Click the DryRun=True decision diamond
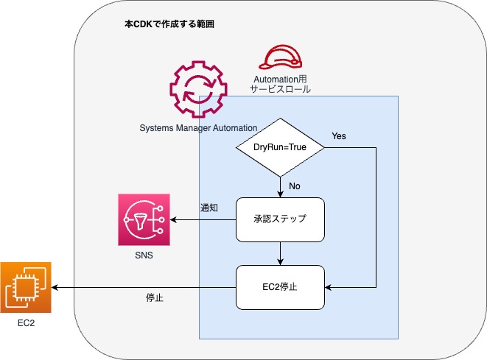[x=281, y=147]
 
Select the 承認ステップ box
[x=281, y=219]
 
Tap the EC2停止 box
[x=281, y=287]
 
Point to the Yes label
[x=339, y=136]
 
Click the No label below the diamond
[x=295, y=186]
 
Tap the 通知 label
[x=209, y=208]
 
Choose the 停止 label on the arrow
[x=154, y=298]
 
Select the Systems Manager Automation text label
[x=198, y=128]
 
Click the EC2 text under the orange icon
[x=27, y=325]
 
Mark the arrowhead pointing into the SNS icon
[x=173, y=219]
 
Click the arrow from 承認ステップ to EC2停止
[x=281, y=253]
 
